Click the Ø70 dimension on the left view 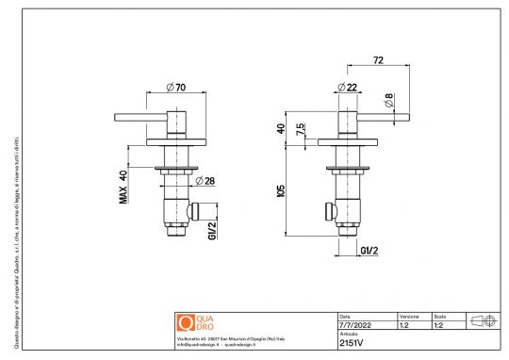point(174,88)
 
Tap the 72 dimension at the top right point(378,59)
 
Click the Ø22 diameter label point(345,87)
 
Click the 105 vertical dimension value point(282,190)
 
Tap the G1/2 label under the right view point(369,250)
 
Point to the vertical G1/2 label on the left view point(213,229)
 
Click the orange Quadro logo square point(184,323)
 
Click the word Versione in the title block point(409,316)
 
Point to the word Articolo point(348,334)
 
